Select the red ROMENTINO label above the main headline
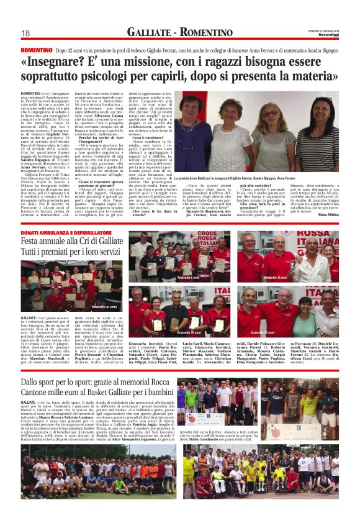(37, 49)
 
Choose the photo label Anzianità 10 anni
(275, 277)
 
